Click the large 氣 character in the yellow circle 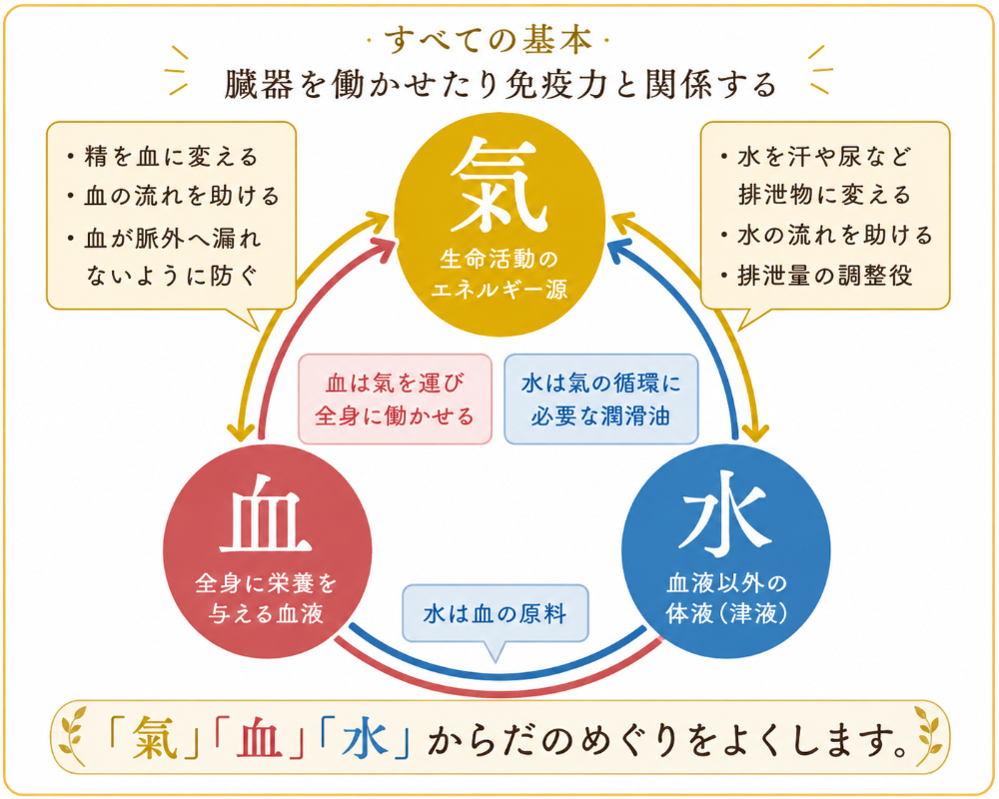[x=499, y=186]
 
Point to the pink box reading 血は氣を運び [x=395, y=399]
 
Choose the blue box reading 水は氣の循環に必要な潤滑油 [x=600, y=399]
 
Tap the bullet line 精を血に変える [x=162, y=157]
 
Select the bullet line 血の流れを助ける [x=173, y=196]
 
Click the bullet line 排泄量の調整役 [x=817, y=276]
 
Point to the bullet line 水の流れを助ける [x=826, y=236]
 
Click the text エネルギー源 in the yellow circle [x=499, y=291]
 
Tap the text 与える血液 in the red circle [x=267, y=613]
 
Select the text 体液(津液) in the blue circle [x=726, y=613]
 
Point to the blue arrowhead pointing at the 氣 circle [x=620, y=249]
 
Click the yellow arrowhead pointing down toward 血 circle [x=242, y=430]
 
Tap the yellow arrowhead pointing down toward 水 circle [x=755, y=430]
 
